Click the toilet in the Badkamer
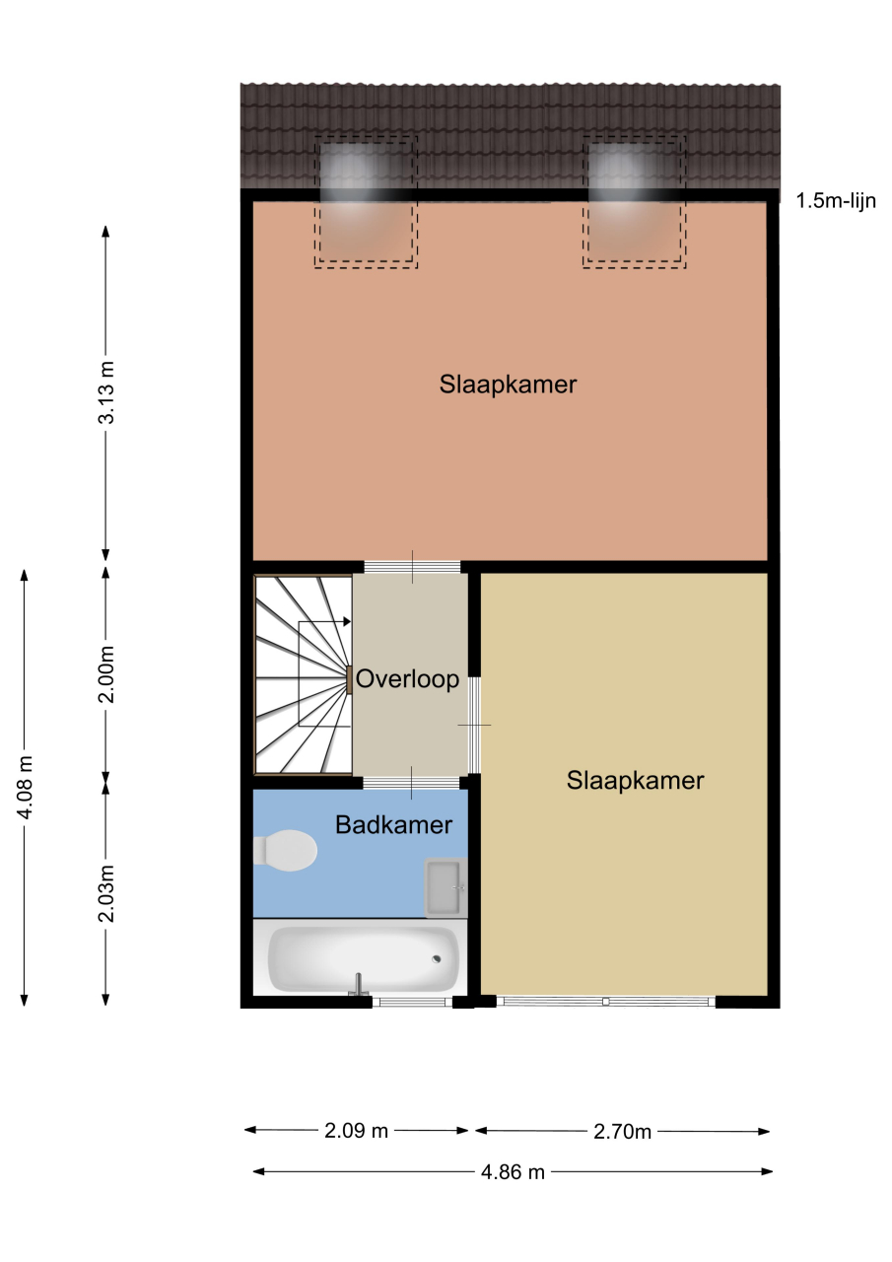coord(285,850)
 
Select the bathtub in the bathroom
coord(364,959)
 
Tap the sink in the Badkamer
coord(446,887)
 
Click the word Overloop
coord(408,679)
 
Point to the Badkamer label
coord(393,825)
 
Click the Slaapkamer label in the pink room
coord(508,385)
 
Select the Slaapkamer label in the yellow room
coord(635,780)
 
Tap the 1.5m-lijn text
coord(836,200)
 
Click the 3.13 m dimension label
coord(105,392)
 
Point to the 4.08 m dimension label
coord(25,788)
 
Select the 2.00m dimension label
coord(105,674)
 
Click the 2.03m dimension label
coord(105,893)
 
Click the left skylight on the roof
coord(366,202)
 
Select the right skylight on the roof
coord(634,202)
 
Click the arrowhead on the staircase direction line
coord(347,621)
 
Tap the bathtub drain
coord(437,959)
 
